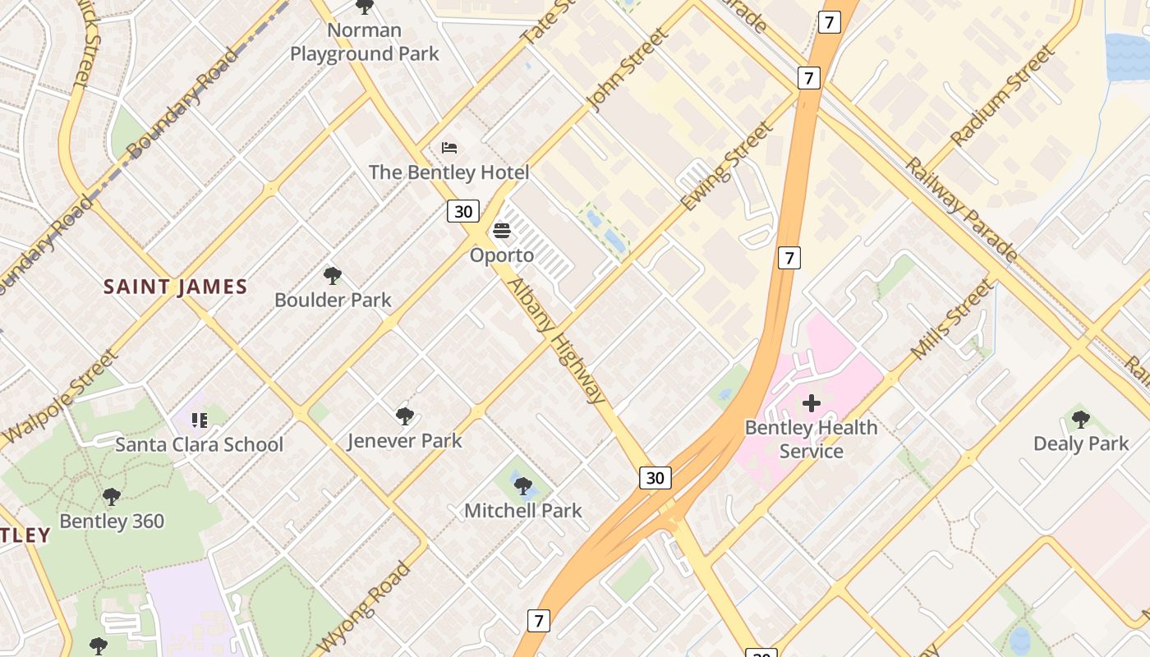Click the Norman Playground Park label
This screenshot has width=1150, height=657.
coord(365,43)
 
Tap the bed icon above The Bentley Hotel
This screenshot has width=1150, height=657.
coord(449,148)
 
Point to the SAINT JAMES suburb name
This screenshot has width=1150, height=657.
coord(175,287)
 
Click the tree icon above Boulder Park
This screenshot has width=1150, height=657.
coord(333,276)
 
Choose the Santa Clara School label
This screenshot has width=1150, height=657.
coord(199,444)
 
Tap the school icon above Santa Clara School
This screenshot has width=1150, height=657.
coord(199,420)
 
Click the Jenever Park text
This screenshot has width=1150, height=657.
coord(404,440)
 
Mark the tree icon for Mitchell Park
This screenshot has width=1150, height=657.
coord(523,486)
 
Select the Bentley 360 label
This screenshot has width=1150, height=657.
coord(112,521)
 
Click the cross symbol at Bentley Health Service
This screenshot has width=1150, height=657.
coord(812,403)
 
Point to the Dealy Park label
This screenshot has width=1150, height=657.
coord(1081,443)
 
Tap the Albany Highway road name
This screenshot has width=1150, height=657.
coord(558,341)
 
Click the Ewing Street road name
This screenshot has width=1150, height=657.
coord(728,167)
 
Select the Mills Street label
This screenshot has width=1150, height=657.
coord(952,319)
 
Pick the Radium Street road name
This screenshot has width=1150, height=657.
coord(1000,97)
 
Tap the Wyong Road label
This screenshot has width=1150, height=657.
coord(363,607)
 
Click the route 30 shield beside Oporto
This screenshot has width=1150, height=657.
coord(463,211)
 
